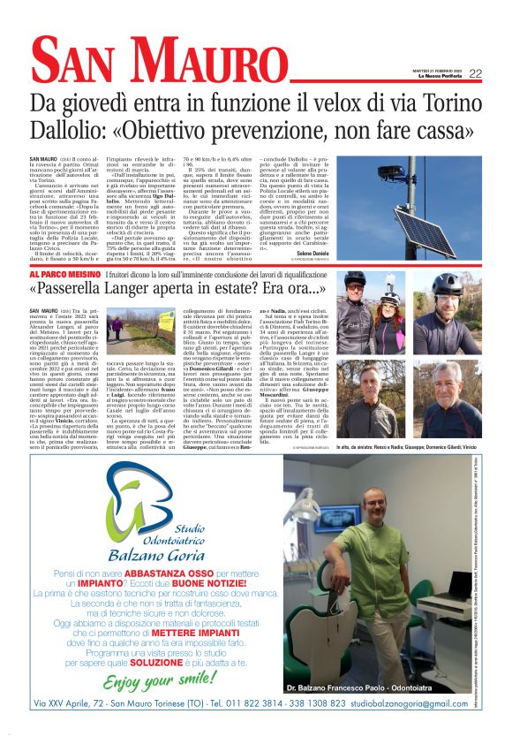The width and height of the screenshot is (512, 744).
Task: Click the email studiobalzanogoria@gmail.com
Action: (409, 703)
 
